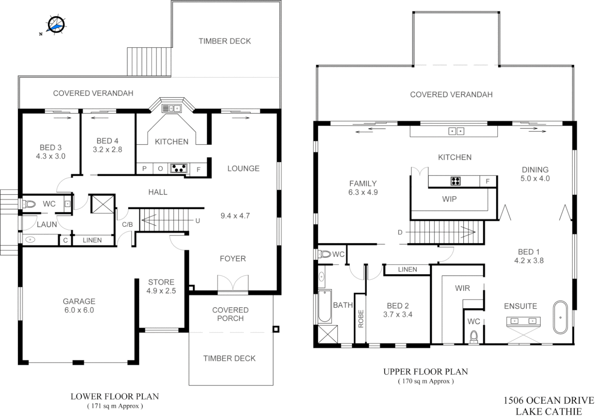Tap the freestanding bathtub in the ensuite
tap(560, 317)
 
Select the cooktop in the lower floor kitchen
tap(179, 168)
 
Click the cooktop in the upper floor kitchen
tap(455, 181)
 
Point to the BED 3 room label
tap(51, 148)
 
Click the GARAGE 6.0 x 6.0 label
tap(79, 306)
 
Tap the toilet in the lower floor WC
tap(29, 204)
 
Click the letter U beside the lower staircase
tap(197, 221)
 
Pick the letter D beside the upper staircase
tap(400, 233)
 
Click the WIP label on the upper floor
tap(449, 199)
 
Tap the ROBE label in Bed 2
tap(360, 318)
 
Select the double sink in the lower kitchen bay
tap(171, 108)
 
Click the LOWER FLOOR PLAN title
tap(115, 397)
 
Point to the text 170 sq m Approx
tap(426, 381)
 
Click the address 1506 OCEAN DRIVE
tap(549, 401)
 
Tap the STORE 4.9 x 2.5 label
tap(161, 286)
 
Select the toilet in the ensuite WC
tap(473, 336)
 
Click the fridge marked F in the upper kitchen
tap(487, 181)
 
